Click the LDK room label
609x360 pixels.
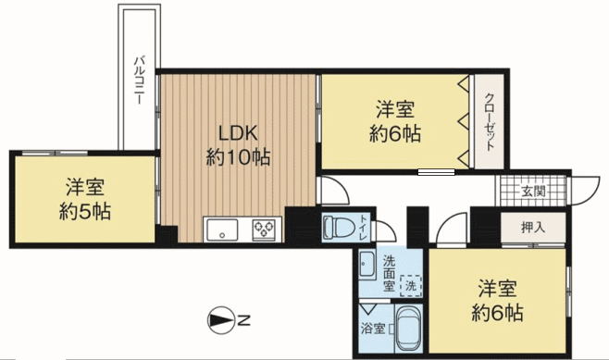pyautogui.click(x=238, y=133)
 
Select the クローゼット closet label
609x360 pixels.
pyautogui.click(x=491, y=121)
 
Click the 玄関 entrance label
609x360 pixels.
pyautogui.click(x=532, y=191)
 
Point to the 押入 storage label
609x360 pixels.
pyautogui.click(x=533, y=228)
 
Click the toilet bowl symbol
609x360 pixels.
pyautogui.click(x=337, y=227)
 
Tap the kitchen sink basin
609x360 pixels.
pyautogui.click(x=222, y=230)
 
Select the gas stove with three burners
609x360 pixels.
pyautogui.click(x=264, y=230)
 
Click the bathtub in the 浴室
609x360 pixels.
pyautogui.click(x=408, y=328)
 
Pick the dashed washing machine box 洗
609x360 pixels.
pyautogui.click(x=411, y=286)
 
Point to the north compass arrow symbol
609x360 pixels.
pyautogui.click(x=221, y=320)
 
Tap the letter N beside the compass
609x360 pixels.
pyautogui.click(x=244, y=321)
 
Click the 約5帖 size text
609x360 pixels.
pyautogui.click(x=85, y=212)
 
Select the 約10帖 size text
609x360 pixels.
pyautogui.click(x=238, y=157)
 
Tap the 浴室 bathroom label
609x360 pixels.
pyautogui.click(x=373, y=329)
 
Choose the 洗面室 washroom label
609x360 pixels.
pyautogui.click(x=389, y=273)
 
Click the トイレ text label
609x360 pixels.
pyautogui.click(x=363, y=228)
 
